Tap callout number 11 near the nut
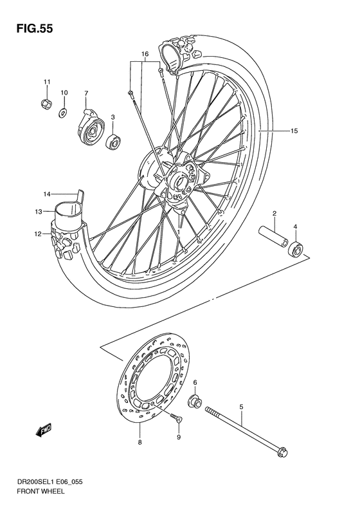(x=46, y=81)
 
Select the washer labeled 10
(x=64, y=113)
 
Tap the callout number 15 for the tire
(x=294, y=131)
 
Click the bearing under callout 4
(x=296, y=249)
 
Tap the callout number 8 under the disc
(x=139, y=443)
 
